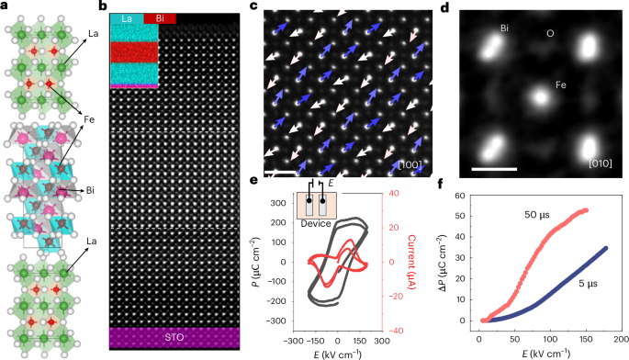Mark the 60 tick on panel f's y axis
point(466,197)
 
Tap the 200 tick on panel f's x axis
point(619,340)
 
